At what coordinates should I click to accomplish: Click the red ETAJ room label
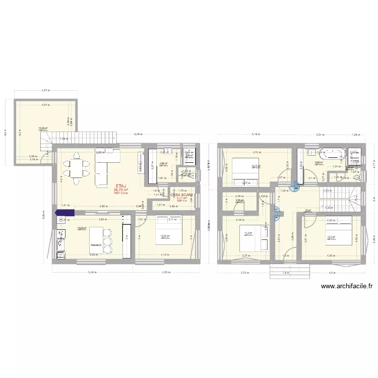pyautogui.click(x=121, y=185)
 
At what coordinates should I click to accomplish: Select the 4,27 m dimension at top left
pyautogui.click(x=45, y=91)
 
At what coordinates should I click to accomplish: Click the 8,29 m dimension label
pyautogui.click(x=138, y=135)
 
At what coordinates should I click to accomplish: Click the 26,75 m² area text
pyautogui.click(x=121, y=190)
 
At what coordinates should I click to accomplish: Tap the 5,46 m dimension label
pyautogui.click(x=93, y=273)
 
